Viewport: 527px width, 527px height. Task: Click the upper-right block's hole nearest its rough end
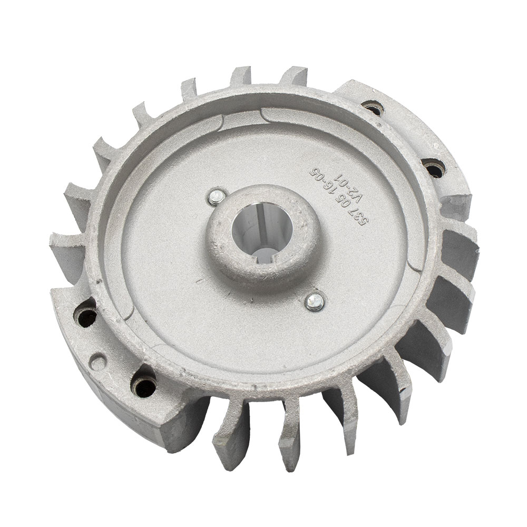tap(435, 168)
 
